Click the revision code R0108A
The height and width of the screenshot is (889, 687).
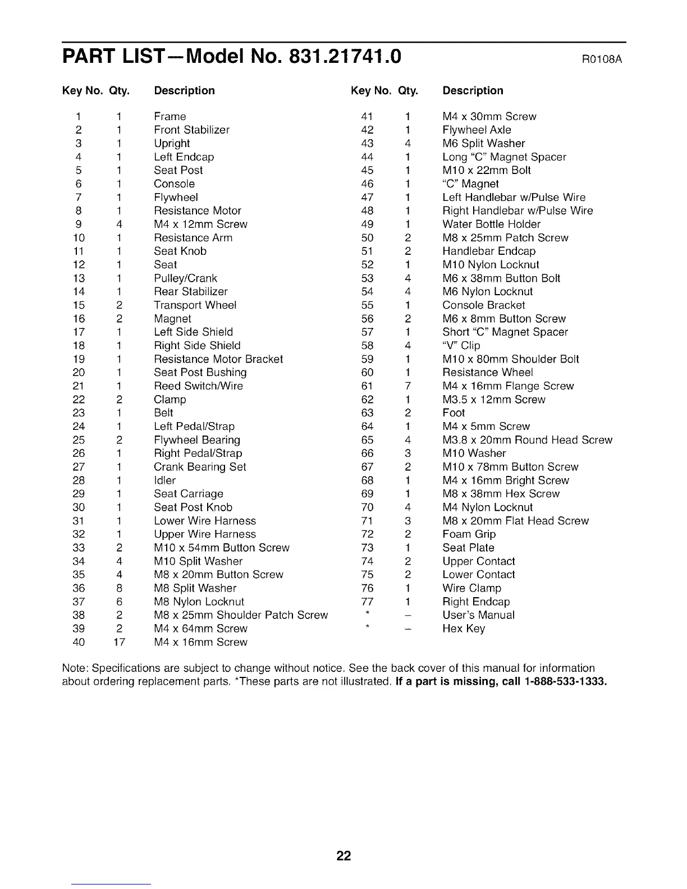click(x=604, y=59)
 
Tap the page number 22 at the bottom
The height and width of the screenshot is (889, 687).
click(x=343, y=856)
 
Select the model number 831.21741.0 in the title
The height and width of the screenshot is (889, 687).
click(x=345, y=57)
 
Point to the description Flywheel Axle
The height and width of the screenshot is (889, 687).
click(x=477, y=130)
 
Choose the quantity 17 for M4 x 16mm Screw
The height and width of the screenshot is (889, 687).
click(x=119, y=642)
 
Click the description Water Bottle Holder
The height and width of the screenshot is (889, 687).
click(x=491, y=224)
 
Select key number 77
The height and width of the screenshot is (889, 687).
click(x=367, y=602)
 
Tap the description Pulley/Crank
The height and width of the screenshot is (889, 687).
click(x=185, y=278)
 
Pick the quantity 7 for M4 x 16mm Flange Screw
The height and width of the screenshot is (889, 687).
click(x=408, y=386)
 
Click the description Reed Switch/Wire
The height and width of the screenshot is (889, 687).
click(x=198, y=386)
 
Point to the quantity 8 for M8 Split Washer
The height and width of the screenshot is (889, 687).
click(x=119, y=588)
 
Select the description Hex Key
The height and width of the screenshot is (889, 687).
click(x=464, y=629)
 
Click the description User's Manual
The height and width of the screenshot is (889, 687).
click(x=478, y=615)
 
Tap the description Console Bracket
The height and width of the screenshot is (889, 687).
click(x=484, y=305)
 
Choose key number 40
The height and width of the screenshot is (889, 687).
click(x=79, y=642)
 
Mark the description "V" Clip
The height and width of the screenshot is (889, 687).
click(x=461, y=346)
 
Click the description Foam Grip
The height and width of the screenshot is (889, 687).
click(x=469, y=534)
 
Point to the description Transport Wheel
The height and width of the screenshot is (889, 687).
click(x=195, y=305)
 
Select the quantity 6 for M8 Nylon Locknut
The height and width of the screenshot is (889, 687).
click(x=119, y=602)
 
